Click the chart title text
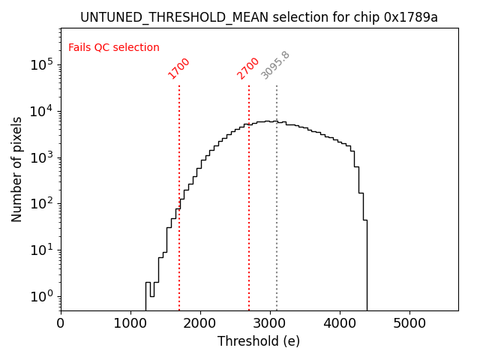(x=259, y=17)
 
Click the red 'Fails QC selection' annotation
(x=114, y=48)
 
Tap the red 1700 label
(x=179, y=68)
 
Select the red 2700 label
(x=248, y=68)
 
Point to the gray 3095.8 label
(x=275, y=66)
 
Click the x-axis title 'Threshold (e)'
(x=259, y=341)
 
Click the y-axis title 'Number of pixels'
(x=17, y=169)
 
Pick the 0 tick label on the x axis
(x=61, y=322)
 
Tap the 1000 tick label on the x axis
(x=130, y=322)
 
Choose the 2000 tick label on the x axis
(x=200, y=322)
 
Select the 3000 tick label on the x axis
(x=270, y=322)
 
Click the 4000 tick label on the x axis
(x=340, y=322)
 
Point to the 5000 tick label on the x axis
(x=409, y=322)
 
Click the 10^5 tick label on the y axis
(x=43, y=64)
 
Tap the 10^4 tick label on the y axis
(x=43, y=111)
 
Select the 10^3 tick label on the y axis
(x=43, y=157)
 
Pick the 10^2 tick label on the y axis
(x=43, y=204)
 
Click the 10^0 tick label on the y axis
(x=43, y=296)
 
